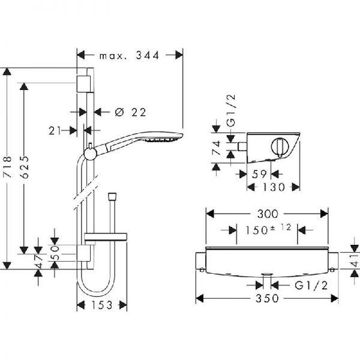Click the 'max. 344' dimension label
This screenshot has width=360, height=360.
click(x=129, y=56)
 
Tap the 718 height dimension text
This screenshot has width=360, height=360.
click(x=7, y=167)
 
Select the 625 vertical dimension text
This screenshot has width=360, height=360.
click(x=24, y=167)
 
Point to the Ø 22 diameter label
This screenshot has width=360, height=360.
click(x=130, y=112)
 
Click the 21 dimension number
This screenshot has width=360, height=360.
click(x=55, y=131)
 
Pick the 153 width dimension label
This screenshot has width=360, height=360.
click(x=102, y=305)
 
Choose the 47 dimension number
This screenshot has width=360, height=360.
click(x=38, y=262)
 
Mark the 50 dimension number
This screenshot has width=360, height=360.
click(x=55, y=253)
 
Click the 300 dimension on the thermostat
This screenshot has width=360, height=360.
click(x=268, y=214)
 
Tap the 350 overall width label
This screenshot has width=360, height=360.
click(x=267, y=298)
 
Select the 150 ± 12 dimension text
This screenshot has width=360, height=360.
click(x=268, y=230)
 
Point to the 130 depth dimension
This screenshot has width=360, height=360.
click(x=274, y=187)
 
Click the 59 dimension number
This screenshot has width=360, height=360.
click(x=259, y=174)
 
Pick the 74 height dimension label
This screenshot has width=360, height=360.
click(x=216, y=148)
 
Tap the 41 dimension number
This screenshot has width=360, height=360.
click(x=355, y=260)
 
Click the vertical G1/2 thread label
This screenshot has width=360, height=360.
click(x=231, y=110)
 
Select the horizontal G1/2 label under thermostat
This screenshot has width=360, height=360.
click(x=311, y=286)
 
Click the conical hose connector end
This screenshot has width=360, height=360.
click(x=112, y=197)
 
